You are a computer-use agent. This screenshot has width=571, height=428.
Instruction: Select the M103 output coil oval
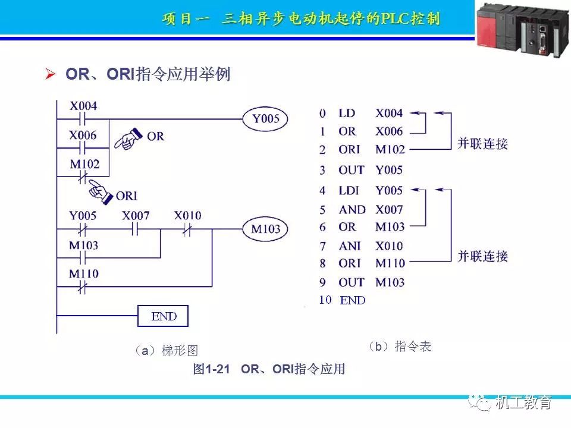point(265,229)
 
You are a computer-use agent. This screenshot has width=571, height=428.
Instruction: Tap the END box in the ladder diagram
point(163,316)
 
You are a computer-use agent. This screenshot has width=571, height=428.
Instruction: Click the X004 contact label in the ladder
point(83,106)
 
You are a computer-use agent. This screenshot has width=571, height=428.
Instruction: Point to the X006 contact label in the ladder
point(83,135)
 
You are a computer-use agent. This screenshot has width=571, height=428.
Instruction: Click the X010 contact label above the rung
point(187,215)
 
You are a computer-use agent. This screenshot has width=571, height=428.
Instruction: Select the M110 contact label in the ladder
point(83,274)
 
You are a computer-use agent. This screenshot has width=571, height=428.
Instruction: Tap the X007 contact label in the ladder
point(136,215)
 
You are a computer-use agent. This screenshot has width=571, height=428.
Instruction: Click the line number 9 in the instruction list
point(322,282)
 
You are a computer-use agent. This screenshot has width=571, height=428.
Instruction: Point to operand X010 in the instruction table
point(389,246)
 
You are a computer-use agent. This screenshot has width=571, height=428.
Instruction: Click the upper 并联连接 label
point(482,144)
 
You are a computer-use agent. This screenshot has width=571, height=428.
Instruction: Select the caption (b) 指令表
point(399,347)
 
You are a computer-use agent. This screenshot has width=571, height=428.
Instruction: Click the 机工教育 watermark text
point(523,402)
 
